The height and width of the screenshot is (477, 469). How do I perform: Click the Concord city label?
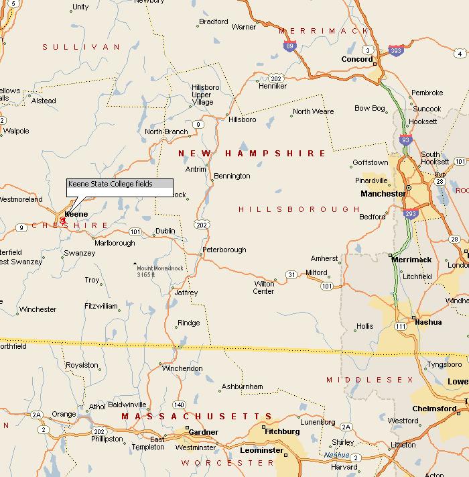click(356, 59)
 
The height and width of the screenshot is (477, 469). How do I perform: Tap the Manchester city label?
click(383, 194)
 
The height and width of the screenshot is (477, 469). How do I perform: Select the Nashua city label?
click(428, 322)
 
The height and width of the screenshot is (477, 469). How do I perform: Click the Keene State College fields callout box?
click(120, 188)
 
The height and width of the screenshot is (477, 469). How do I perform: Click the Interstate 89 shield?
click(289, 46)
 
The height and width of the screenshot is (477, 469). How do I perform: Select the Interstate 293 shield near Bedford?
click(410, 214)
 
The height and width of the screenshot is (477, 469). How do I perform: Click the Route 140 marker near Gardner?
click(179, 405)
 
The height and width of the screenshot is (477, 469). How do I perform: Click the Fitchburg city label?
click(283, 431)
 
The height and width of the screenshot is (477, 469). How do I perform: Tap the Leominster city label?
click(262, 450)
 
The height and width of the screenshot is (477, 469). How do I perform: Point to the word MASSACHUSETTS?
click(196, 417)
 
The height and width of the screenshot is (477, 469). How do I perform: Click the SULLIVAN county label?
click(81, 47)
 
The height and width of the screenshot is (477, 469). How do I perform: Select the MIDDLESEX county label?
click(371, 380)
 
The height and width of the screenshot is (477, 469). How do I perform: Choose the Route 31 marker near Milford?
click(291, 274)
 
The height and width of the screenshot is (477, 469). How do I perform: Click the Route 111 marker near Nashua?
click(400, 326)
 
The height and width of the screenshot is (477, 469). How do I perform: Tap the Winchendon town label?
click(182, 368)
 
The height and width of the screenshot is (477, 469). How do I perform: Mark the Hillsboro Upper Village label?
click(202, 95)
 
